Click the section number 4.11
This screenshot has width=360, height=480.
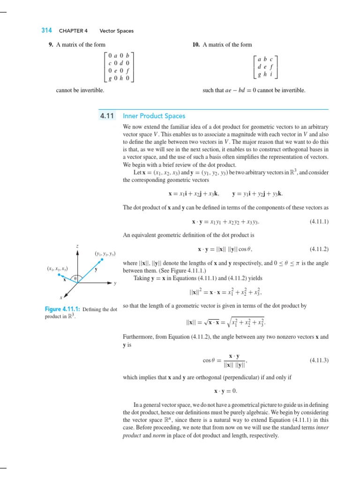107,116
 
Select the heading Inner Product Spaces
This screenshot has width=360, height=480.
154,116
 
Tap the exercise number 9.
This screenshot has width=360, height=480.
51,45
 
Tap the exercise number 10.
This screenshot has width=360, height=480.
196,45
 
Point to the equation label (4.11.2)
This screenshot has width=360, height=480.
319,249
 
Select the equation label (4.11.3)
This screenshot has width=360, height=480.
319,360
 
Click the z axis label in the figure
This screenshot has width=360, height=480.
77,246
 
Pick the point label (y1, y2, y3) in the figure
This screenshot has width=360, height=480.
105,254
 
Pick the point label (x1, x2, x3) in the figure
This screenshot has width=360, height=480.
57,269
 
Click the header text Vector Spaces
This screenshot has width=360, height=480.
116,31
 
